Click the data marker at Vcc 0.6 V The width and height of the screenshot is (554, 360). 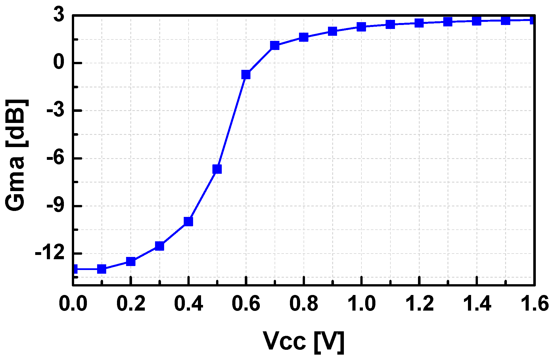click(x=246, y=75)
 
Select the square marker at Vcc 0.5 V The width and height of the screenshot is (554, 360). click(x=217, y=169)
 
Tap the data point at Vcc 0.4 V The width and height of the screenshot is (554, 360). click(x=188, y=221)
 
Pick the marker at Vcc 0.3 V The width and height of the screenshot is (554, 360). click(x=160, y=246)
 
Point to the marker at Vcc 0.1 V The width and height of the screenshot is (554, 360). click(x=102, y=269)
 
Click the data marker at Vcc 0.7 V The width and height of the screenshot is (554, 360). click(x=275, y=45)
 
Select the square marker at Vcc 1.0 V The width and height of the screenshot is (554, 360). click(x=361, y=27)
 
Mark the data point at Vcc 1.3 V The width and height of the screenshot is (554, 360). click(x=448, y=22)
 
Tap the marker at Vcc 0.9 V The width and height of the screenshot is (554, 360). click(x=332, y=31)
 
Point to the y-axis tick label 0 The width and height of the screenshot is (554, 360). click(x=59, y=63)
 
